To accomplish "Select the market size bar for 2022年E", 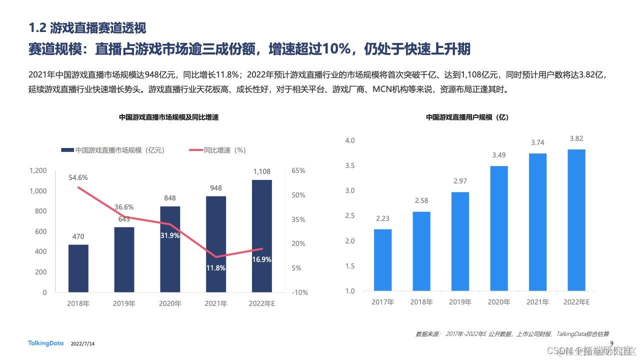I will point(261,235).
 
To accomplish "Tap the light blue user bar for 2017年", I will point(382,260).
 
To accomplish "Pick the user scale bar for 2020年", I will point(498,228).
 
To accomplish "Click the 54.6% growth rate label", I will point(78,177).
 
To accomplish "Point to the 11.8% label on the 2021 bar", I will point(215,268).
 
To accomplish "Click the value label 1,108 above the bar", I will point(261,172).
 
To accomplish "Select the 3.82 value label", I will point(576,139).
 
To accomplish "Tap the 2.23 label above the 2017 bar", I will point(382,218).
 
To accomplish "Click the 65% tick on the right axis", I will point(298,170).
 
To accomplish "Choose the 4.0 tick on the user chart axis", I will point(349,140).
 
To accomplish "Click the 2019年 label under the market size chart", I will point(124,303).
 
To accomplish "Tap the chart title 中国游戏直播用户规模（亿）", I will point(467,117).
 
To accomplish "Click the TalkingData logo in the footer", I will point(45,343).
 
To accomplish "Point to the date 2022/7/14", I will point(83,344).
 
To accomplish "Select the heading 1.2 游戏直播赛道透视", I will point(87,27).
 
